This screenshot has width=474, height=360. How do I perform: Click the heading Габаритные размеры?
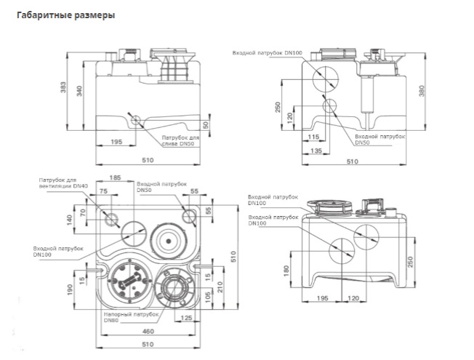[x=66, y=15]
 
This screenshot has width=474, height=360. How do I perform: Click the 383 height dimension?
[x=63, y=87]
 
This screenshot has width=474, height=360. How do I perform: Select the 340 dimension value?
[x=79, y=91]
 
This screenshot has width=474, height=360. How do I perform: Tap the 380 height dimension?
[x=422, y=91]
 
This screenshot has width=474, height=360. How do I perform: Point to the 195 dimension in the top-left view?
[x=116, y=142]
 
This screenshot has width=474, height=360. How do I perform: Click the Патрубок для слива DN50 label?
[x=180, y=140]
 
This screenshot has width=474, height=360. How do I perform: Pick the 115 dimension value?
[x=313, y=137]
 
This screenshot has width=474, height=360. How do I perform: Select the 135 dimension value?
[x=316, y=151]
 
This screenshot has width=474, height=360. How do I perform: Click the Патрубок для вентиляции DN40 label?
[x=63, y=183]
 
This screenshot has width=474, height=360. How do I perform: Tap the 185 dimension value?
[x=115, y=177]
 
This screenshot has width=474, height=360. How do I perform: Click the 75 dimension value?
[x=104, y=191]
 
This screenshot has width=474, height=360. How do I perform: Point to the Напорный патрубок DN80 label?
[x=131, y=317]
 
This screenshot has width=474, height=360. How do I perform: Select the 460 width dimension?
[x=148, y=331]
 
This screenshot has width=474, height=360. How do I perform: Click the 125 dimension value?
[x=187, y=318]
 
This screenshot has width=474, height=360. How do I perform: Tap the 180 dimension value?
[x=286, y=271]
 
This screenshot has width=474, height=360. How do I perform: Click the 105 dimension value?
[x=208, y=298]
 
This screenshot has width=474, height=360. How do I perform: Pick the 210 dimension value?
[x=220, y=287]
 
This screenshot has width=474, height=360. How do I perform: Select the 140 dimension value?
[x=70, y=220]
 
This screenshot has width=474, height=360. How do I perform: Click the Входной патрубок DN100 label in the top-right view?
[x=268, y=53]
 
